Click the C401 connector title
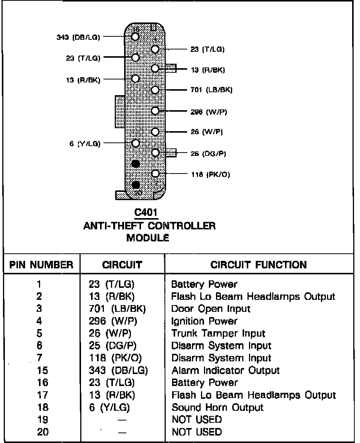click(x=146, y=213)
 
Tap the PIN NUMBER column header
click(x=41, y=265)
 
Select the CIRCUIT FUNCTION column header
click(x=258, y=265)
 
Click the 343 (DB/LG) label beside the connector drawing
click(x=78, y=37)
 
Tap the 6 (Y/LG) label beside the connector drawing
click(x=85, y=144)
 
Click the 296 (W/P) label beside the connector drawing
click(x=208, y=112)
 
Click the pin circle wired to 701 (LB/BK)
click(x=155, y=90)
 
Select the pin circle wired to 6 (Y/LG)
click(x=136, y=143)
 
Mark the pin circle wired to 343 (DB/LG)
click(x=135, y=37)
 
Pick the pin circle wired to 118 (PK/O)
click(x=155, y=174)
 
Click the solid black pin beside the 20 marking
click(x=136, y=184)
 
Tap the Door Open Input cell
click(x=210, y=309)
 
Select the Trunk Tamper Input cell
click(x=218, y=333)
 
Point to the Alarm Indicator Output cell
click(x=225, y=370)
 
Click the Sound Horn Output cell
click(x=217, y=407)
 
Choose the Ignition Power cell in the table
click(x=204, y=321)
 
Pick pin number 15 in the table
click(x=42, y=370)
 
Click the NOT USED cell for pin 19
click(x=196, y=419)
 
